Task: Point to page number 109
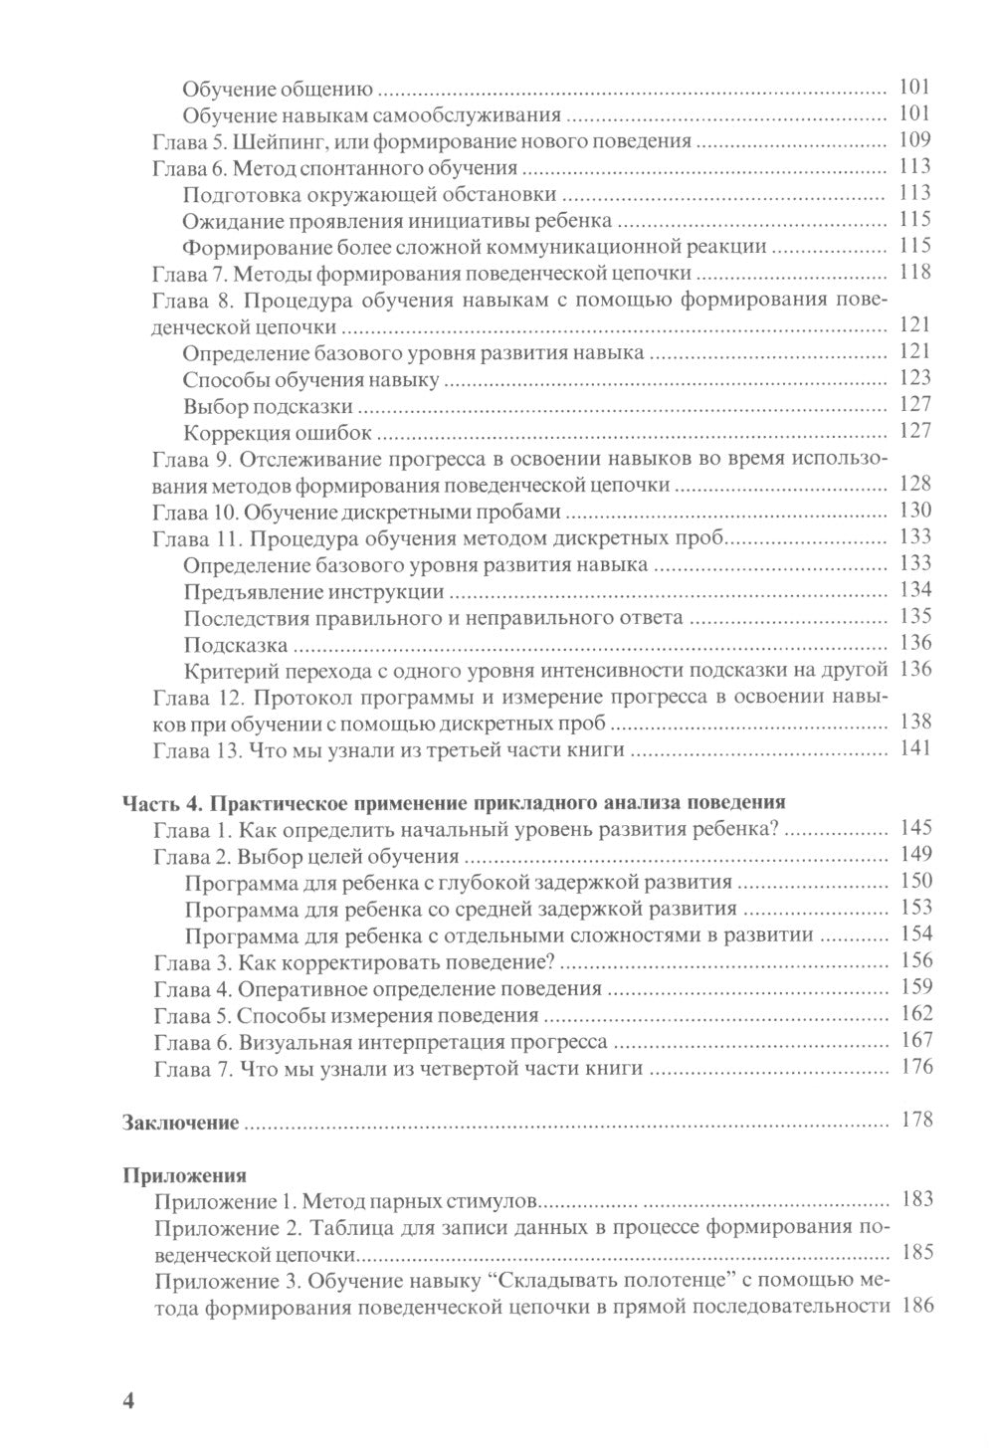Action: (x=914, y=139)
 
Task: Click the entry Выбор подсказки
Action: (x=268, y=405)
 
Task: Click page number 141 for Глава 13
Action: (x=914, y=749)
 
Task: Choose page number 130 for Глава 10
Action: (x=914, y=512)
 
